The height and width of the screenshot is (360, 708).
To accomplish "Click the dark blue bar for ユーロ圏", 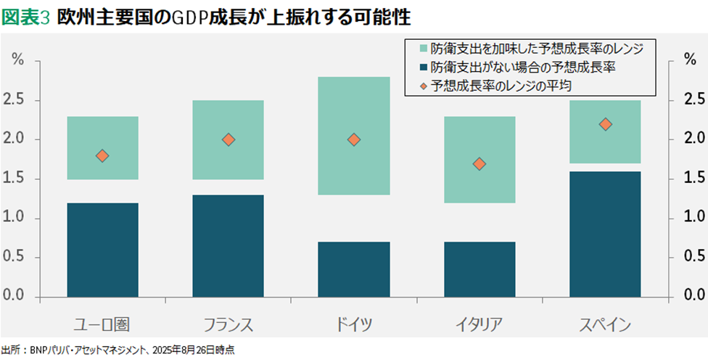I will pyautogui.click(x=102, y=250).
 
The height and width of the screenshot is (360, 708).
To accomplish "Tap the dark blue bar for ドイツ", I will pyautogui.click(x=354, y=269).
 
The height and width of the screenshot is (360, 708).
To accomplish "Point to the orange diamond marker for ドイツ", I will pyautogui.click(x=354, y=139).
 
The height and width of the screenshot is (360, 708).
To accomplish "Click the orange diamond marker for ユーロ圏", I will pyautogui.click(x=102, y=155).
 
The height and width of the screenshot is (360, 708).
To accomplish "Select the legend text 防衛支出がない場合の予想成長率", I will pyautogui.click(x=511, y=67).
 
